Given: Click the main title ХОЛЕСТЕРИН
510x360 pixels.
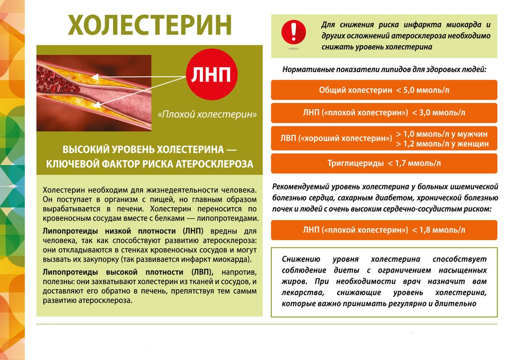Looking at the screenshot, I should [x=149, y=25].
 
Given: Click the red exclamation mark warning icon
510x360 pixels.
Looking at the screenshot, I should [x=294, y=32].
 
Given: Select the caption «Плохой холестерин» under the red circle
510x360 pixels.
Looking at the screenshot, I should [x=207, y=115].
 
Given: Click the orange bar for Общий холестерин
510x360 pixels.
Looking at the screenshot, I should [x=384, y=90].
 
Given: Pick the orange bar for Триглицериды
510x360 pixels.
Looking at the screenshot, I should [x=384, y=163].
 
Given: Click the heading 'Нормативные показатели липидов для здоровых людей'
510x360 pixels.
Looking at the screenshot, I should [x=384, y=70].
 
